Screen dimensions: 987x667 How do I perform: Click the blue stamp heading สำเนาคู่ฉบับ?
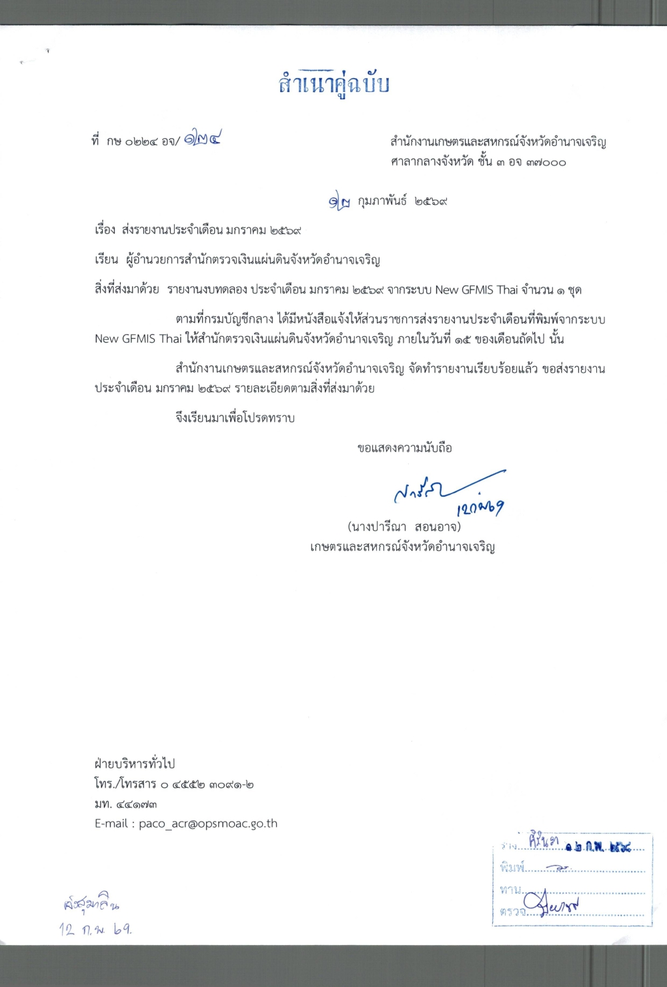click(x=333, y=84)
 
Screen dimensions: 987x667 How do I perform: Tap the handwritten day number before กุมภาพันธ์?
click(x=339, y=201)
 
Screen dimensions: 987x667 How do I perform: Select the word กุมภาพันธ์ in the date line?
click(x=382, y=201)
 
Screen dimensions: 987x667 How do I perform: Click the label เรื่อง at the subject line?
click(x=105, y=230)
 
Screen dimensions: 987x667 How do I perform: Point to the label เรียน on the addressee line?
click(x=106, y=259)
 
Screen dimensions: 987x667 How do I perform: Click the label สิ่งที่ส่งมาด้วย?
click(x=127, y=289)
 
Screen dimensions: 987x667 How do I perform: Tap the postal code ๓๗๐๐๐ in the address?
click(x=546, y=162)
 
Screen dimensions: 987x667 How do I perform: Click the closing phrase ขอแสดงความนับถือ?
click(x=404, y=447)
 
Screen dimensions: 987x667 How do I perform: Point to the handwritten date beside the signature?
click(x=480, y=508)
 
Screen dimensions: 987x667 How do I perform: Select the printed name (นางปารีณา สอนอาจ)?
click(x=404, y=527)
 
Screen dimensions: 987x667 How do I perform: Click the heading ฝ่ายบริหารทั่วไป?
click(x=135, y=764)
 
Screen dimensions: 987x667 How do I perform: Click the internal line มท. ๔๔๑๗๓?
click(x=126, y=804)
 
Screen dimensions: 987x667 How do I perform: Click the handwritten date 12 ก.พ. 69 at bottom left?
click(x=95, y=928)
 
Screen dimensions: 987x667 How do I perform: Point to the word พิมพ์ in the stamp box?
click(x=512, y=868)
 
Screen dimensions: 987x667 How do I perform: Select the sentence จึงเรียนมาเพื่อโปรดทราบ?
click(x=235, y=418)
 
